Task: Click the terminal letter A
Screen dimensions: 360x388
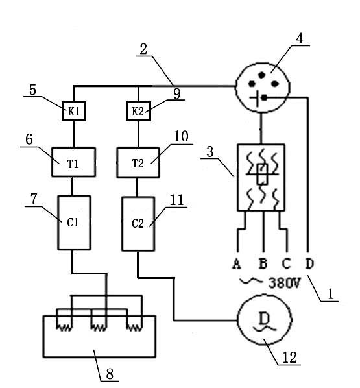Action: (237, 263)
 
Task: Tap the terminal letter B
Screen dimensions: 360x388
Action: (263, 263)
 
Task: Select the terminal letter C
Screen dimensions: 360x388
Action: (286, 263)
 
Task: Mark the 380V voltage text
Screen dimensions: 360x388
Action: (285, 283)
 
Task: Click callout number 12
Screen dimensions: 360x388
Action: (289, 358)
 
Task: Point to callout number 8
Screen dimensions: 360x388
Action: (110, 374)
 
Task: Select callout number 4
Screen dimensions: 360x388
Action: (300, 39)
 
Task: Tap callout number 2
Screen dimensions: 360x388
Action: (143, 49)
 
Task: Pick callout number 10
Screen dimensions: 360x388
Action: (181, 136)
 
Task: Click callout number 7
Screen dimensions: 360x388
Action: (34, 199)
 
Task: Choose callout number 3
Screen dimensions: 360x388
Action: (210, 152)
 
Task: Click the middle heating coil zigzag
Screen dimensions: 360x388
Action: (99, 328)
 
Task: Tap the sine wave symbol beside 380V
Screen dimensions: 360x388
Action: (251, 282)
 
